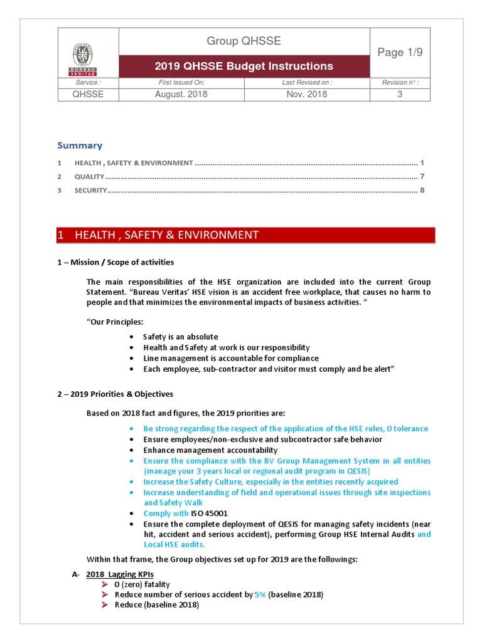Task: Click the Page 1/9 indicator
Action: (400, 52)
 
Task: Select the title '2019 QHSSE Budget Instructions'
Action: (244, 66)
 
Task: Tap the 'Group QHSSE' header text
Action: (244, 41)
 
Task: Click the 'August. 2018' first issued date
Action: (181, 95)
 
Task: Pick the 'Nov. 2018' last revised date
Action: (307, 95)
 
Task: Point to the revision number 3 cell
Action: (400, 95)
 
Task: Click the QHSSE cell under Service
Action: (88, 95)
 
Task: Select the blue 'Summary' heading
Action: (80, 145)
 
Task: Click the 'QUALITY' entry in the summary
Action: (89, 177)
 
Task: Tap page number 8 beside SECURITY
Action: (422, 190)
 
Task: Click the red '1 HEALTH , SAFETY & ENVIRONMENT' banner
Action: (246, 235)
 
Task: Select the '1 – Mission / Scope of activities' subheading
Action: (115, 262)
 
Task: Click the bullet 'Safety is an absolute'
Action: (180, 337)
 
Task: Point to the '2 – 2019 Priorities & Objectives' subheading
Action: (115, 394)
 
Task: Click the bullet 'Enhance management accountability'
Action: (210, 450)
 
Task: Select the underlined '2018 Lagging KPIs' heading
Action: (120, 574)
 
